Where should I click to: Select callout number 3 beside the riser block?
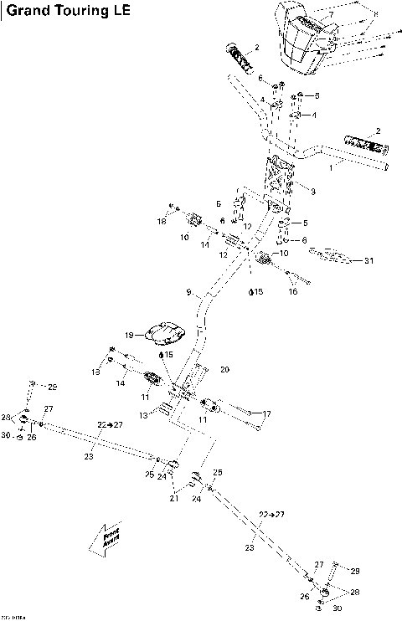click(312, 191)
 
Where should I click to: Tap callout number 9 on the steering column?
click(189, 293)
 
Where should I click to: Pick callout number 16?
click(293, 292)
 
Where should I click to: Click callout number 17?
click(267, 413)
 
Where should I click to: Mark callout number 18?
click(162, 221)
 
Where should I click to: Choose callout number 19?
click(130, 335)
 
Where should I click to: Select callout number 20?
click(224, 369)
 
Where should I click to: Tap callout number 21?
click(174, 499)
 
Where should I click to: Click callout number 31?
click(368, 260)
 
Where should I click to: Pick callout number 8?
click(376, 14)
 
